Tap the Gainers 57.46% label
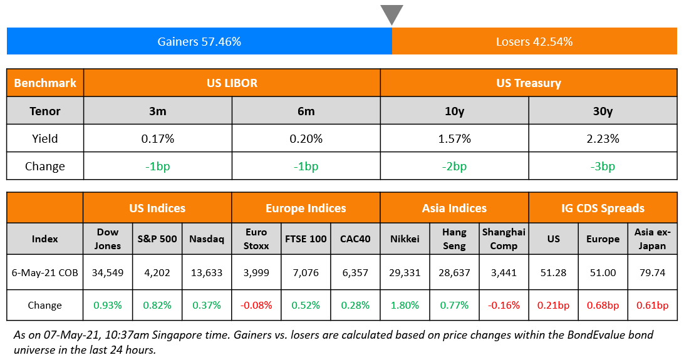199,42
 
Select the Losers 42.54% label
534,42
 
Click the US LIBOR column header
232,83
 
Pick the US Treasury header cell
529,83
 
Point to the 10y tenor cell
455,111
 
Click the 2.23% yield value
603,138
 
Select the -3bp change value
603,166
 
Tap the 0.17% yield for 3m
158,138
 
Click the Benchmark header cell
45,83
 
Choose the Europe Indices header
306,208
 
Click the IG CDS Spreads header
603,208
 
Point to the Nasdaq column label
207,239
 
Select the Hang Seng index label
454,239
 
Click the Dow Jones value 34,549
108,272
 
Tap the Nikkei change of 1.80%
405,305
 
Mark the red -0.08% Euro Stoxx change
256,305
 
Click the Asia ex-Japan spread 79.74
652,272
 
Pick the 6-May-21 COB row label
45,272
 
